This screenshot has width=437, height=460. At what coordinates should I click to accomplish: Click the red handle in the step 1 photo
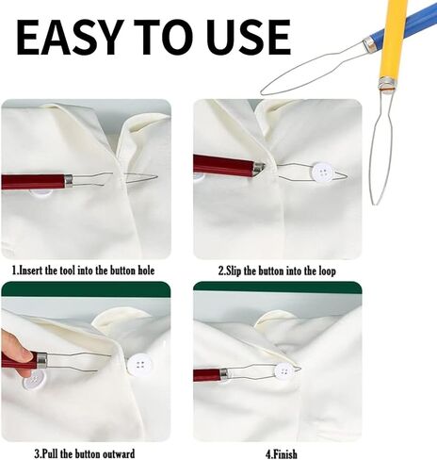click(x=30, y=181)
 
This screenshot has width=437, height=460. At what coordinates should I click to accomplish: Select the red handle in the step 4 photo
click(x=207, y=374)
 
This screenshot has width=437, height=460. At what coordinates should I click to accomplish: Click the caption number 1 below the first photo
click(x=14, y=271)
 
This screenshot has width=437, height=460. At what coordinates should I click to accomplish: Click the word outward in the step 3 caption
click(x=112, y=453)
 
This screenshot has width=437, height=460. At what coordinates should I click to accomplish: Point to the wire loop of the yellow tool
click(x=380, y=146)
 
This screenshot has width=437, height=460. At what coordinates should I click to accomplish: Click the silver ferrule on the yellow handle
click(x=385, y=87)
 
